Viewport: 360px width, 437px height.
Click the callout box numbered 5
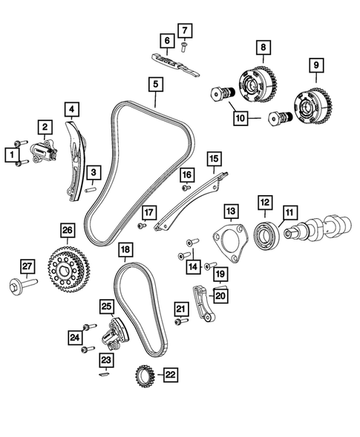[156, 85]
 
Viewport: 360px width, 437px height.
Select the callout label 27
[27, 266]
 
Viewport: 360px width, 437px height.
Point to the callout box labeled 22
[171, 376]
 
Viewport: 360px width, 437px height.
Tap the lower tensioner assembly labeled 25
[114, 332]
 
